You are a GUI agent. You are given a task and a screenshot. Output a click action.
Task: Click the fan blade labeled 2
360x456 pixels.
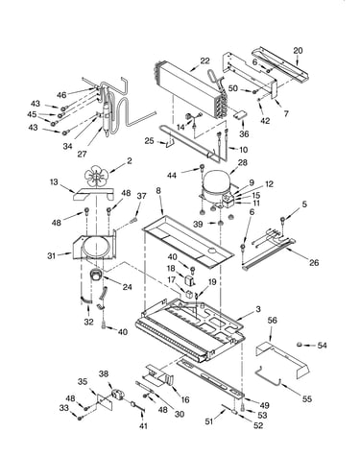(x=97, y=177)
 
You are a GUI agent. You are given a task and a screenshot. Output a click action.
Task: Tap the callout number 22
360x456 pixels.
(x=204, y=61)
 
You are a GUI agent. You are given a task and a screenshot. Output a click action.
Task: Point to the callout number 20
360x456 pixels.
(x=298, y=51)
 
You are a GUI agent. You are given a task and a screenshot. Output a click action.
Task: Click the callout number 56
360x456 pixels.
(x=273, y=321)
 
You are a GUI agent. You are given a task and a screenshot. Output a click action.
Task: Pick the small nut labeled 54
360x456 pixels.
(x=300, y=345)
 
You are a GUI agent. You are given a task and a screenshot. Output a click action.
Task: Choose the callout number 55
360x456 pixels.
(x=306, y=399)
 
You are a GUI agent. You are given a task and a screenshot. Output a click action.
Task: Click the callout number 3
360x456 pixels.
(x=258, y=309)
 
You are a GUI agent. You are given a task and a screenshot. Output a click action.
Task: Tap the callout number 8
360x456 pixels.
(x=158, y=191)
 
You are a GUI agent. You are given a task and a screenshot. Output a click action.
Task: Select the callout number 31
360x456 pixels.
(x=52, y=256)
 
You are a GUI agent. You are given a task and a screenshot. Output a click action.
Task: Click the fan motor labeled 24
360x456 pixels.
(x=95, y=276)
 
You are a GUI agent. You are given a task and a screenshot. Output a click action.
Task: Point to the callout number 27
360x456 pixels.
(x=82, y=154)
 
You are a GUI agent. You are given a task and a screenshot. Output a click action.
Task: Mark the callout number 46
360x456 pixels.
(x=61, y=95)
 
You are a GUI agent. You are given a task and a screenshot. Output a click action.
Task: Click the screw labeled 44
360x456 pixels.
(x=202, y=167)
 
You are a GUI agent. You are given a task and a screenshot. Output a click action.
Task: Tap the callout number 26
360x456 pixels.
(x=314, y=262)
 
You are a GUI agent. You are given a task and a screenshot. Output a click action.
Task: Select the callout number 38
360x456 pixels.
(x=104, y=373)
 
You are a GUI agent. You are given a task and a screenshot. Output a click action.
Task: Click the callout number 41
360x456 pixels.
(x=143, y=426)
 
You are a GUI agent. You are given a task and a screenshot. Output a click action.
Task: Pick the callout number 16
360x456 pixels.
(x=185, y=399)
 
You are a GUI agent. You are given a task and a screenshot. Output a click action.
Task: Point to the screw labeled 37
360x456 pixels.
(x=133, y=221)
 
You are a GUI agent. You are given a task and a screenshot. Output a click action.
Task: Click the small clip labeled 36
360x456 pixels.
(x=240, y=114)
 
